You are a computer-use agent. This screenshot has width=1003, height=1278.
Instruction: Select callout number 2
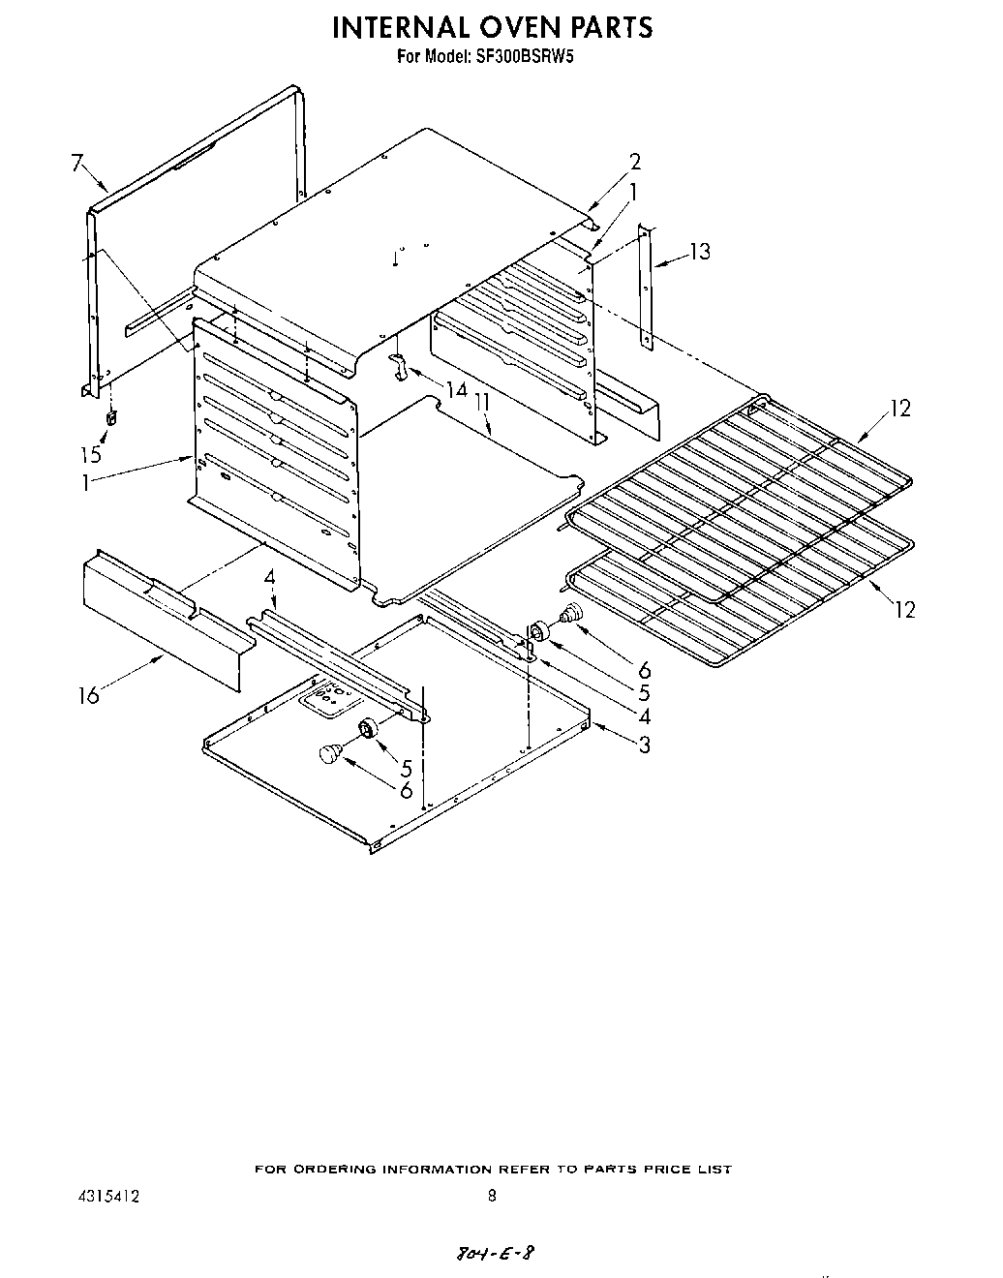[x=635, y=162]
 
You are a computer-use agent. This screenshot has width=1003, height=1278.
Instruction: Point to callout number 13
[x=699, y=252]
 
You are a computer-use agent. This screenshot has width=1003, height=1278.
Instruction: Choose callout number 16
[x=89, y=695]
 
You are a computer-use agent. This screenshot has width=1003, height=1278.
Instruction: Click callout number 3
[x=644, y=745]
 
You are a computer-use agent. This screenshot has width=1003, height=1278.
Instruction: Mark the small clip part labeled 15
[x=111, y=418]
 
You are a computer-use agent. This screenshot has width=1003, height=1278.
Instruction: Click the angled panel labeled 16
[x=165, y=620]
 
